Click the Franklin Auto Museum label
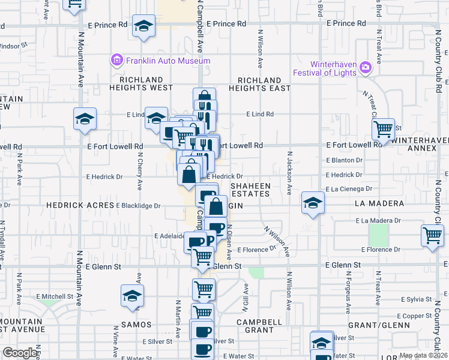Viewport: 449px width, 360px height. [167, 61]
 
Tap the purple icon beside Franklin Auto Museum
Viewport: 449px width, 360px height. [116, 60]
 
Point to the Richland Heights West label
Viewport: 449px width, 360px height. [141, 83]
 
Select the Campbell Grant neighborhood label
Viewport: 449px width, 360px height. [259, 326]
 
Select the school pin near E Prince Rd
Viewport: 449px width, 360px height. [143, 27]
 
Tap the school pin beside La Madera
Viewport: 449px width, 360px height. [313, 203]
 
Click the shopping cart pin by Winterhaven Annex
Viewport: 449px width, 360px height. [383, 128]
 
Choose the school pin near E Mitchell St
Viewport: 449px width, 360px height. [132, 296]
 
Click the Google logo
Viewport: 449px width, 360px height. [20, 353]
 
